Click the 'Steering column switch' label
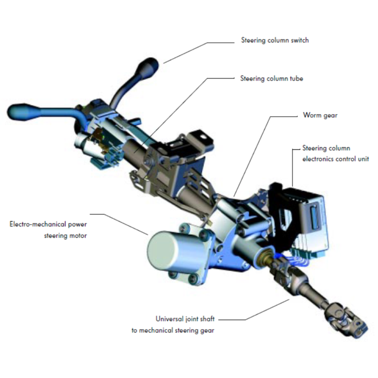click(275, 40)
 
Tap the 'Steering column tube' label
click(272, 79)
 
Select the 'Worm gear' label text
click(320, 115)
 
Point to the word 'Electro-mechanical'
click(38, 224)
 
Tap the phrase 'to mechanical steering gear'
click(173, 330)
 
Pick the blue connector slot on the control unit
click(314, 217)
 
